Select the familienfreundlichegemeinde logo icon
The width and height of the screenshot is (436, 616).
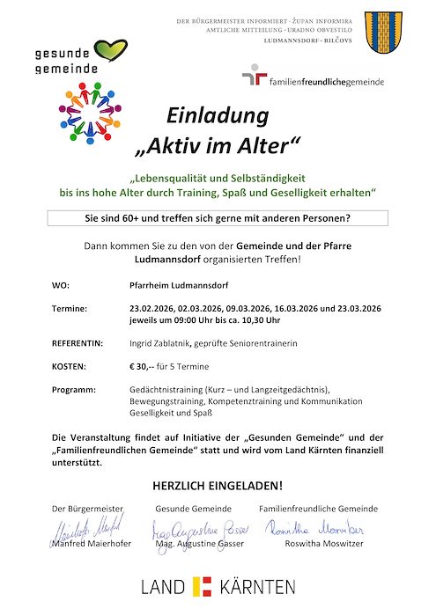(255, 78)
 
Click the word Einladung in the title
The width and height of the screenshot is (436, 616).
(218, 115)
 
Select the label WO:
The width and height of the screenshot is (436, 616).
(60, 286)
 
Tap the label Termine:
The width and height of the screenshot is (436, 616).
(70, 310)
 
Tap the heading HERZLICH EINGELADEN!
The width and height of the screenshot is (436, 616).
(218, 485)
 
